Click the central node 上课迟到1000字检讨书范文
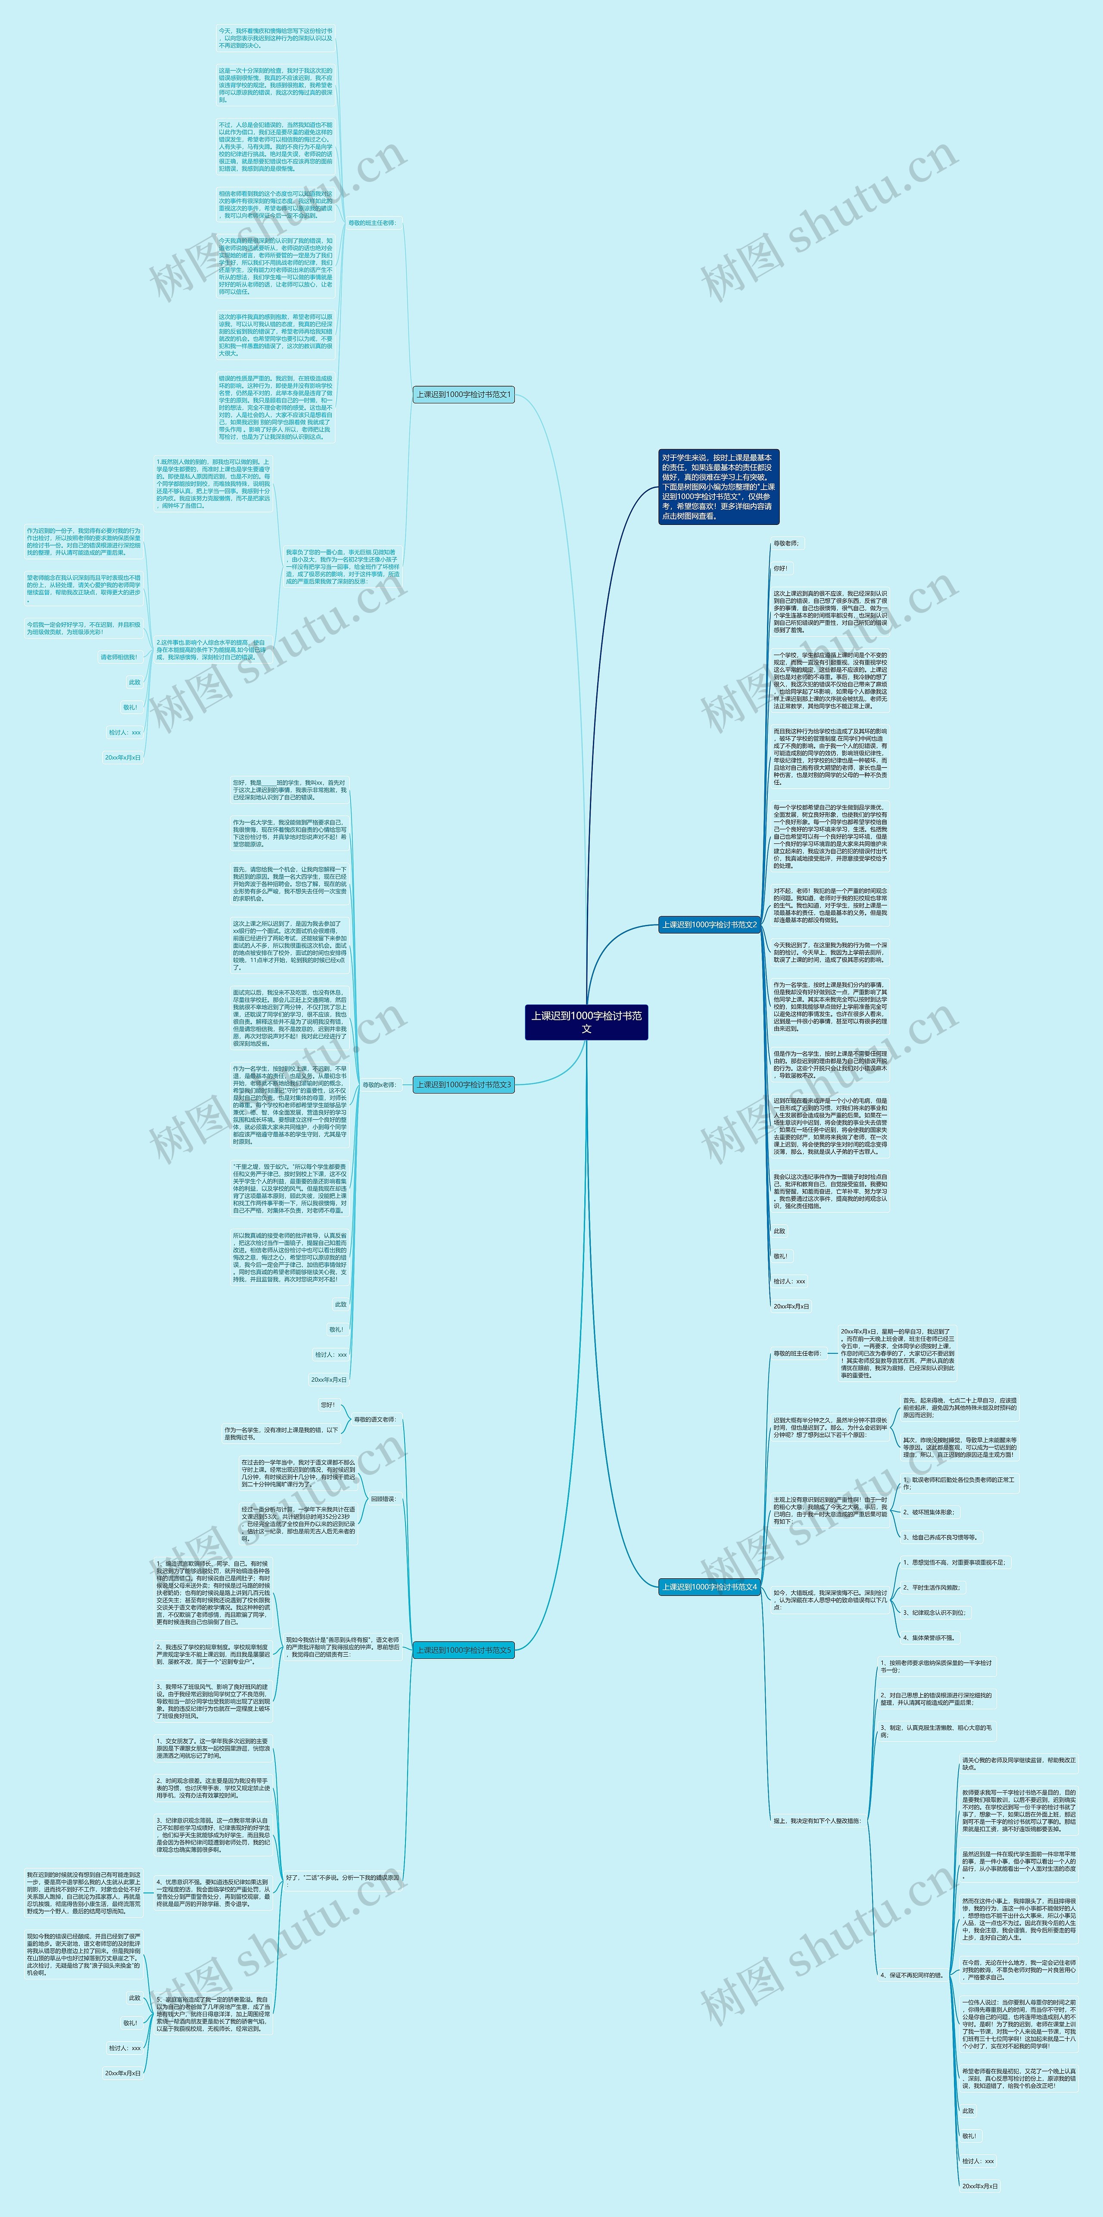(586, 1021)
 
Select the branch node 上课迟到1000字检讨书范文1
(464, 394)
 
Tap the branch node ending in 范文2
(709, 924)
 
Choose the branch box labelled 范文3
(464, 1084)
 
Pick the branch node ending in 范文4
(709, 1586)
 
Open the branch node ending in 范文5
(464, 1650)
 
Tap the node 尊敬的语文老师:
(374, 1419)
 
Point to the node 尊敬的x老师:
(379, 1084)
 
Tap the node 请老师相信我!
(119, 657)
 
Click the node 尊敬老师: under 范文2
(785, 543)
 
